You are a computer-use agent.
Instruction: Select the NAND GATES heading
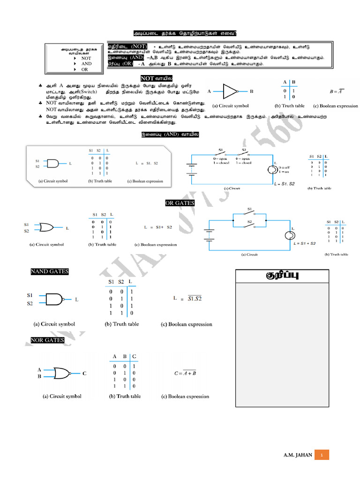coord(49,272)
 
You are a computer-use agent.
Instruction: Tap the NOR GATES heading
coord(47,340)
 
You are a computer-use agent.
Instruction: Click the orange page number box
coord(322,455)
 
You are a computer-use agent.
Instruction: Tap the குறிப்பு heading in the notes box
coord(282,276)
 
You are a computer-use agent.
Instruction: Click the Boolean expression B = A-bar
coord(337,91)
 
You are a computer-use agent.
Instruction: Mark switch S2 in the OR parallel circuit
coord(249,224)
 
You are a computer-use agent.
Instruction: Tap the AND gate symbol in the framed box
coord(52,164)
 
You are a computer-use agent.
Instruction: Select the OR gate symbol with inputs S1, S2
coord(46,228)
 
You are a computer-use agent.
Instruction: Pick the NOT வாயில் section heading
coord(157,78)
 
